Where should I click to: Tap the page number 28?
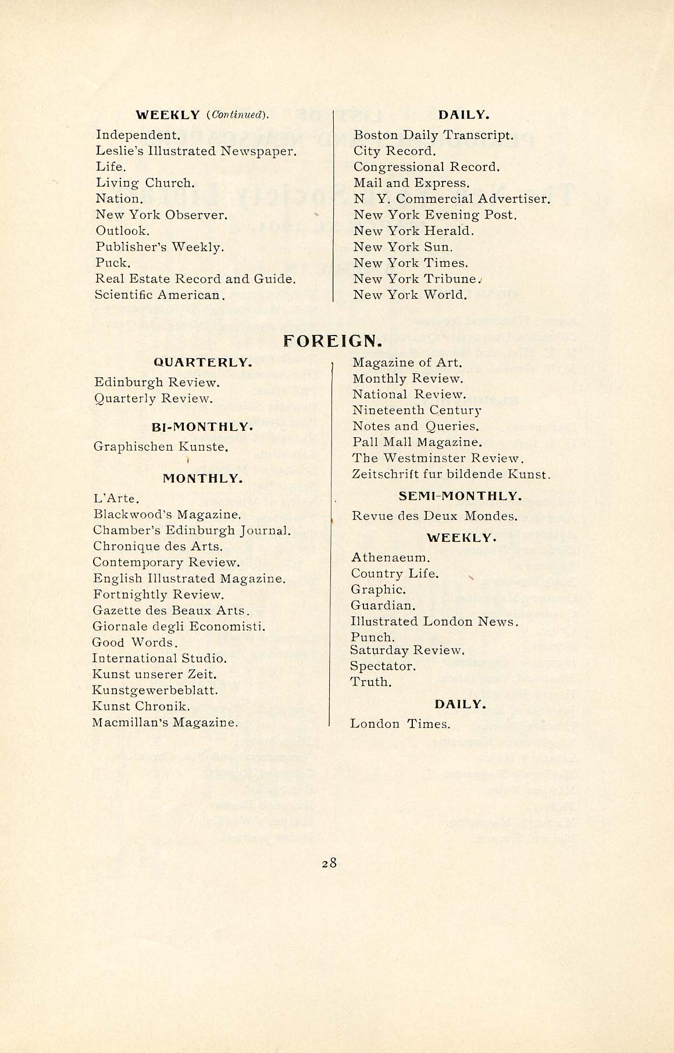[x=329, y=863]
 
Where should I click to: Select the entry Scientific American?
[x=160, y=295]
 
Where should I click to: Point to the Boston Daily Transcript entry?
[x=433, y=135]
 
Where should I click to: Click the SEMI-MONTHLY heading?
[x=460, y=496]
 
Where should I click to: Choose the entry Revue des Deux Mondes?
[x=434, y=516]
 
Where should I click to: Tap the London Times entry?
[x=400, y=724]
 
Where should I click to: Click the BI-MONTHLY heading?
[x=202, y=427]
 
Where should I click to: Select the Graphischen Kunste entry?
[x=161, y=447]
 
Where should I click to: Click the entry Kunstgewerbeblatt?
[x=155, y=690]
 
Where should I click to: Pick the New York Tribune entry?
[x=416, y=279]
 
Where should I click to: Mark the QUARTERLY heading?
[x=203, y=362]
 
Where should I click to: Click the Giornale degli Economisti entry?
[x=179, y=626]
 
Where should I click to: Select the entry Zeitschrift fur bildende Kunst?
[x=451, y=474]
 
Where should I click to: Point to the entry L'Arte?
[x=116, y=498]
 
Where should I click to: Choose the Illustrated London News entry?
[x=434, y=621]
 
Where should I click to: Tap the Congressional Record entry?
[x=426, y=167]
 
